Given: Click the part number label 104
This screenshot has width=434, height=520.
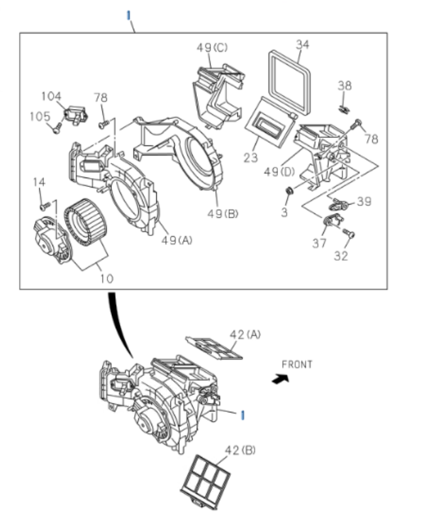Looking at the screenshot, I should (x=51, y=96).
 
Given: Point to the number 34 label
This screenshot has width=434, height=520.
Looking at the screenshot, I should (x=303, y=44).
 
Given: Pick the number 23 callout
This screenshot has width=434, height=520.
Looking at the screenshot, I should (x=251, y=157).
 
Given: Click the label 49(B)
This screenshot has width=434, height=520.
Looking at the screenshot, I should (x=223, y=214).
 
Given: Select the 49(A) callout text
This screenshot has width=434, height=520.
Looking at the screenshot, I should (x=176, y=239).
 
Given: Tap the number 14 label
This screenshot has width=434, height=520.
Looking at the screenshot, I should (x=39, y=182).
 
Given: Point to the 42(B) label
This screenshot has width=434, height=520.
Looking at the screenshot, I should (x=240, y=451).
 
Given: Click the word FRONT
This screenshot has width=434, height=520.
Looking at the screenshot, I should (x=296, y=364).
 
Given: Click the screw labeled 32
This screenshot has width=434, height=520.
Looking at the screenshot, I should (x=350, y=234).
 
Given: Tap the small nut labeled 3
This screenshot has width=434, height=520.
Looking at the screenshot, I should (x=289, y=191).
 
